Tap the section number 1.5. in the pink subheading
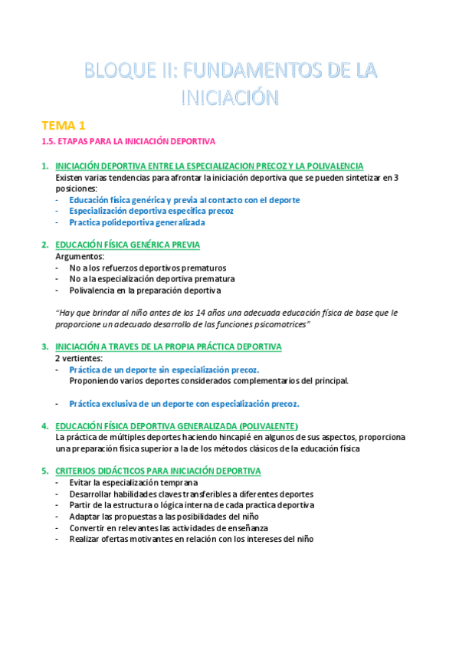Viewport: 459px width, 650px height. click(x=49, y=142)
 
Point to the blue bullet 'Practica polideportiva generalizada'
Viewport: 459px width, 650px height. click(x=136, y=222)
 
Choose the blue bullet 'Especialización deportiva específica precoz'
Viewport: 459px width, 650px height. click(x=151, y=211)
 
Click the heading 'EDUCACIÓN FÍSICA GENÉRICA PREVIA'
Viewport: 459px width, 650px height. click(x=127, y=245)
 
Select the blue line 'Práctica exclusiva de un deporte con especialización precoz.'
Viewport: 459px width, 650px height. click(x=184, y=403)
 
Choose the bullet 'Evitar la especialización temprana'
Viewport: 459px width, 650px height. click(x=133, y=482)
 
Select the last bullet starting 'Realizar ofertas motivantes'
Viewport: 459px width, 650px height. click(x=191, y=539)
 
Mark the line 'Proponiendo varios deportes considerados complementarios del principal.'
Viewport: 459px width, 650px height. click(x=208, y=381)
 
